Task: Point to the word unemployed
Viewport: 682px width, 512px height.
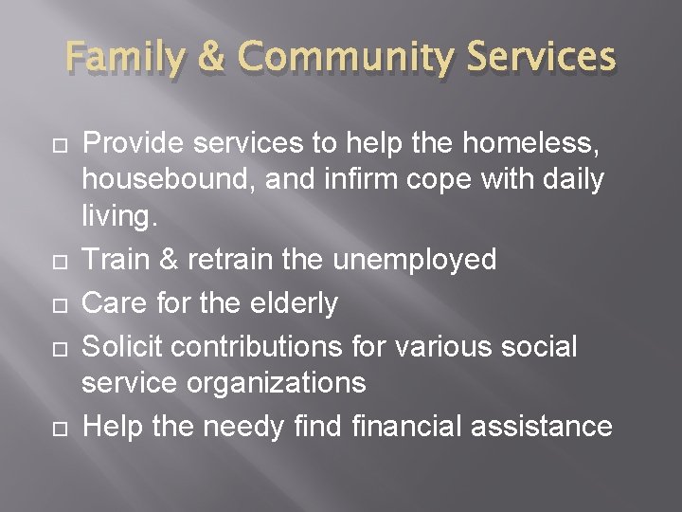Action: point(417,260)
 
